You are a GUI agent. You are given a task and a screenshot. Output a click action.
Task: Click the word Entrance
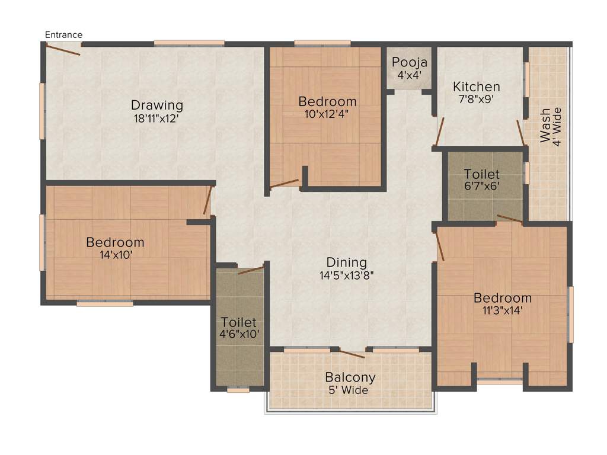(x=64, y=35)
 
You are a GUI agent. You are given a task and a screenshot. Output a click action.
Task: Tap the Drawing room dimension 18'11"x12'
(x=156, y=118)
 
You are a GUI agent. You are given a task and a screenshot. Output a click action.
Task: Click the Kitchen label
(x=477, y=87)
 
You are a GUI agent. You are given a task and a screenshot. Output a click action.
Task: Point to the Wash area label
(x=545, y=125)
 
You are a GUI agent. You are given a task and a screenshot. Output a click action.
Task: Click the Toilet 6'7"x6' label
(x=481, y=175)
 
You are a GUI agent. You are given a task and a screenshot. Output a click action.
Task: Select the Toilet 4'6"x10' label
(x=239, y=322)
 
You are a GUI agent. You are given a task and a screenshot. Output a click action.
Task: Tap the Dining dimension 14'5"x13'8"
(x=346, y=275)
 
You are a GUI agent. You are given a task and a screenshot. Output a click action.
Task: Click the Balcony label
(x=350, y=377)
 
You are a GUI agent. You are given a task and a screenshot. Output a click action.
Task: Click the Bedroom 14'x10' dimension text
(x=115, y=255)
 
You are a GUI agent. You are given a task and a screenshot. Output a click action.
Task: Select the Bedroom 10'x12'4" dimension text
(x=327, y=114)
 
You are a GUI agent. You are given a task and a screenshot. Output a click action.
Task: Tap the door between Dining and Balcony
(x=352, y=354)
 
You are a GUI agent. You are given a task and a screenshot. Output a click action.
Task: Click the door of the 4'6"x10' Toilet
(x=251, y=271)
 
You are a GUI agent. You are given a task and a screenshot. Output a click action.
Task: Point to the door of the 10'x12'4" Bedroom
(x=285, y=184)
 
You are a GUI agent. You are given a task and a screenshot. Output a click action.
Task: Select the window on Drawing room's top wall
(x=189, y=43)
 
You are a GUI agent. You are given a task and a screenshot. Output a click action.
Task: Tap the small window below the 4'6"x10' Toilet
(x=238, y=390)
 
